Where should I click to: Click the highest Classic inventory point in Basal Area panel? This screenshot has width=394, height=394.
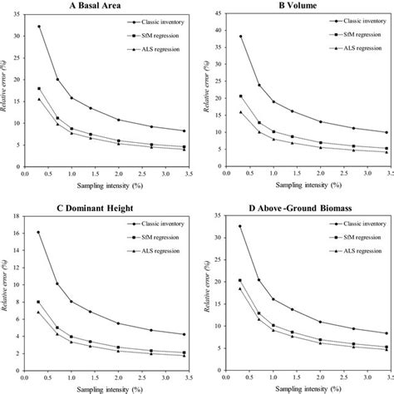coord(39,27)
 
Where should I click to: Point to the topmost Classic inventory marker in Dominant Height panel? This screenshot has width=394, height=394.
coord(38,232)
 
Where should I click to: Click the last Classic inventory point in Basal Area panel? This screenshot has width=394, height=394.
coord(184,131)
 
